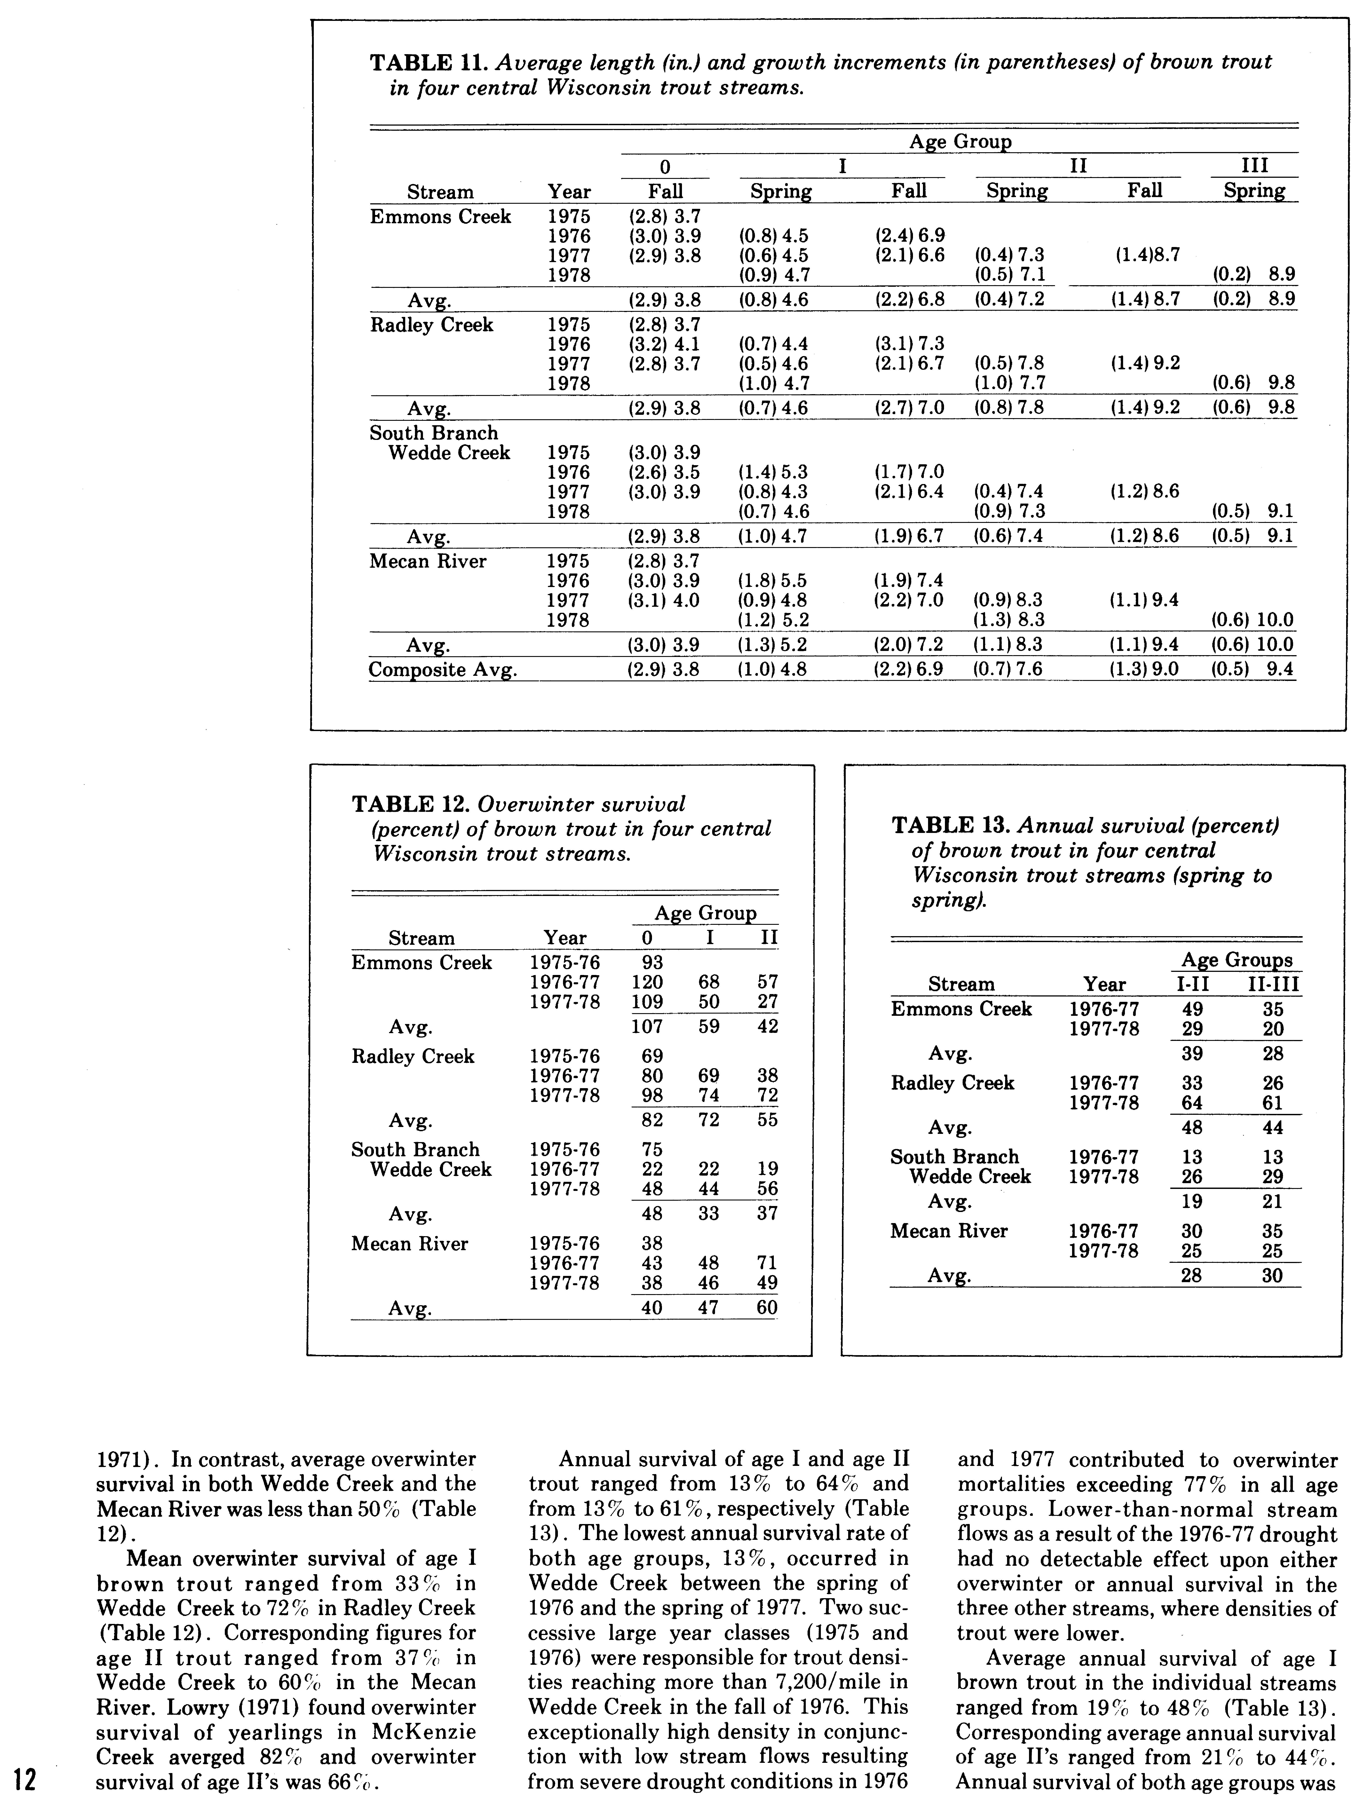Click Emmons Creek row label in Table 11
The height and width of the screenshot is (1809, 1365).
pos(440,217)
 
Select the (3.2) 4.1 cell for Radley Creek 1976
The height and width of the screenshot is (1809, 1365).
pos(664,344)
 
